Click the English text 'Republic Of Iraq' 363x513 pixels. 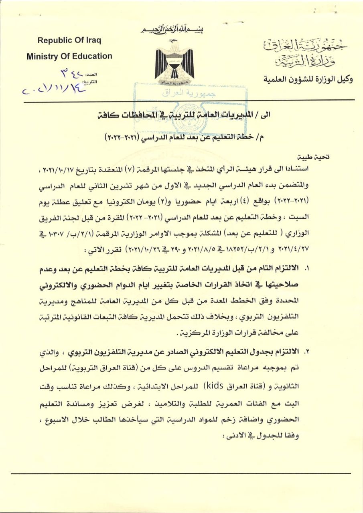[69, 40]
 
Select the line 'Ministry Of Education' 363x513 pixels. [69, 57]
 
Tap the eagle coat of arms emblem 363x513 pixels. [174, 60]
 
